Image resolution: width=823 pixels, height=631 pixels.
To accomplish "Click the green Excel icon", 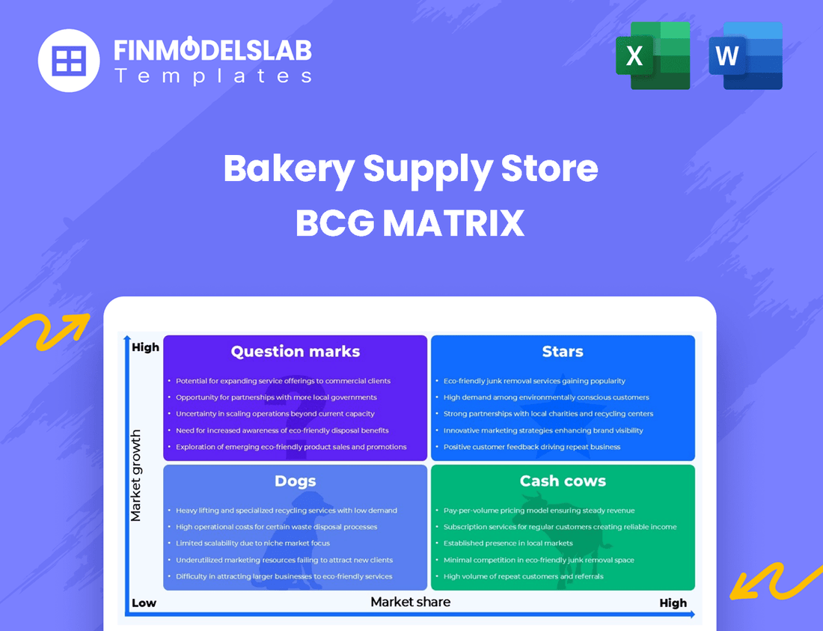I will click(652, 56).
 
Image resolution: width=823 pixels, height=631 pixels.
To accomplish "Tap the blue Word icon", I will click(745, 56).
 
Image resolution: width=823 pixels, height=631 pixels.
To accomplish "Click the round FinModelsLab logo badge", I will click(69, 61).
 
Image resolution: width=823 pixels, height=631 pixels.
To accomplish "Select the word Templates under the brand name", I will click(213, 76).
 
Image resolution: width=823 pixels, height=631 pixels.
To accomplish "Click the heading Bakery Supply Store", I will click(411, 169).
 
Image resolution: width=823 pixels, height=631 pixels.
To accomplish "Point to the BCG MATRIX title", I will click(411, 223).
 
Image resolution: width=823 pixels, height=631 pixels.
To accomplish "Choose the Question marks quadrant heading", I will click(296, 352).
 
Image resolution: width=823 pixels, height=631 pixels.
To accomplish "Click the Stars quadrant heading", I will click(563, 352).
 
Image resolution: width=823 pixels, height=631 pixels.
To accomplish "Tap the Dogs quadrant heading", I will click(296, 481).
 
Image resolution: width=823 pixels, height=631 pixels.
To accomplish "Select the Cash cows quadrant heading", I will click(563, 481).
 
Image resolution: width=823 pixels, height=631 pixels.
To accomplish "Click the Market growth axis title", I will click(136, 475).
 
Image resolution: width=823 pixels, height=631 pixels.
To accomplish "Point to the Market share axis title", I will click(411, 601).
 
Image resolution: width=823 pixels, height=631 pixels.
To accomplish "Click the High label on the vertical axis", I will click(145, 347).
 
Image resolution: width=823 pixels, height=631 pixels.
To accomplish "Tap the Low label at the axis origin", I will click(144, 603).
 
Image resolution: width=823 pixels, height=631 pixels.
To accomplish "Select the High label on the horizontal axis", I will click(673, 603).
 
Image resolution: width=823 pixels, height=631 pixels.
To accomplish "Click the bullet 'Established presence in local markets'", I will click(508, 543).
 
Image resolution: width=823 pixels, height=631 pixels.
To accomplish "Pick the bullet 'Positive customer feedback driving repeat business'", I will click(532, 447).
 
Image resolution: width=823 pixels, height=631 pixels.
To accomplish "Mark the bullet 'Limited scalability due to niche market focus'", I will click(253, 543).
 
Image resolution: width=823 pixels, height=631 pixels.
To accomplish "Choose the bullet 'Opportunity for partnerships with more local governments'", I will click(276, 397).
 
